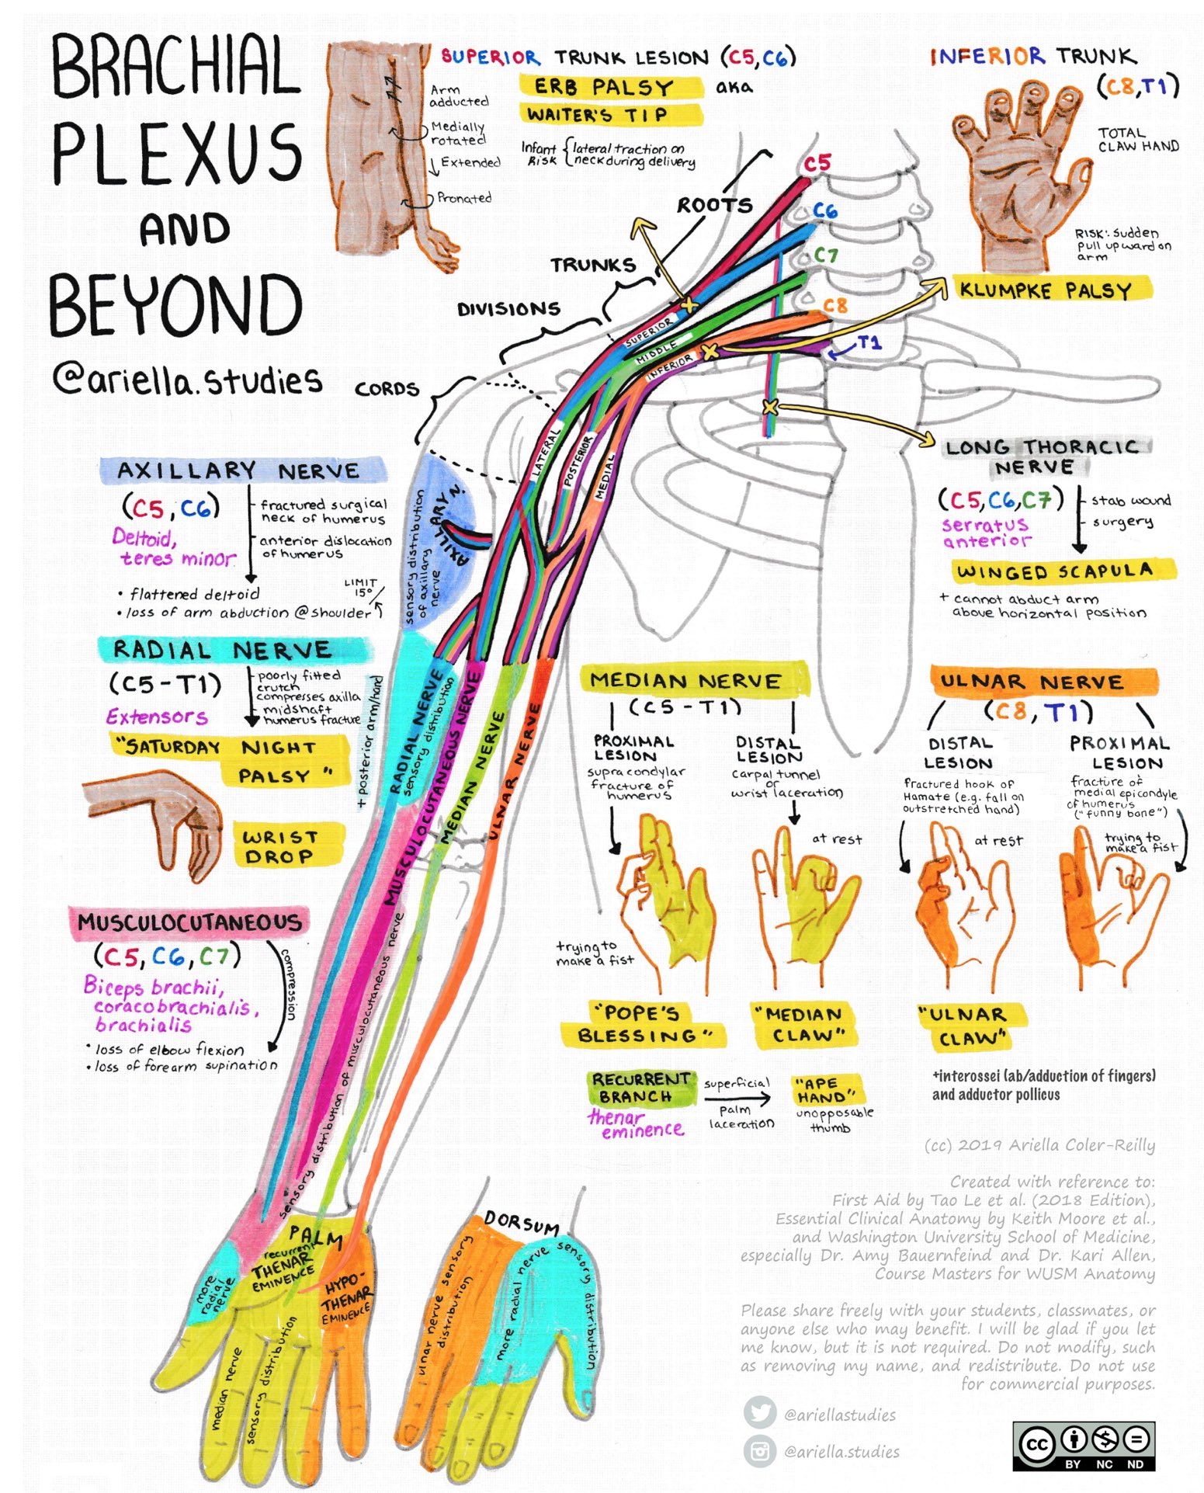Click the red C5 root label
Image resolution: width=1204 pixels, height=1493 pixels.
pyautogui.click(x=817, y=163)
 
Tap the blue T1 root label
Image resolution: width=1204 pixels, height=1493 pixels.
pyautogui.click(x=869, y=342)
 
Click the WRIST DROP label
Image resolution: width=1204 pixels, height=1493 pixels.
pyautogui.click(x=280, y=846)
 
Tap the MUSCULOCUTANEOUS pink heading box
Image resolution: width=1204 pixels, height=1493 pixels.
pyautogui.click(x=189, y=922)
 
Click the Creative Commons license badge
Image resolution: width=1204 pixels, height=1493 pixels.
pyautogui.click(x=1083, y=1446)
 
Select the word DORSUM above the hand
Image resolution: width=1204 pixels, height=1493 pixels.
pyautogui.click(x=522, y=1224)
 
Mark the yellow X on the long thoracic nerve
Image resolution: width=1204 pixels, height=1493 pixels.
pyautogui.click(x=769, y=406)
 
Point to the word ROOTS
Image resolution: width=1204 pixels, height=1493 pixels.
pyautogui.click(x=714, y=205)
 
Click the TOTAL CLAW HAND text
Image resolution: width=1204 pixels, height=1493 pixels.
pyautogui.click(x=1137, y=140)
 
